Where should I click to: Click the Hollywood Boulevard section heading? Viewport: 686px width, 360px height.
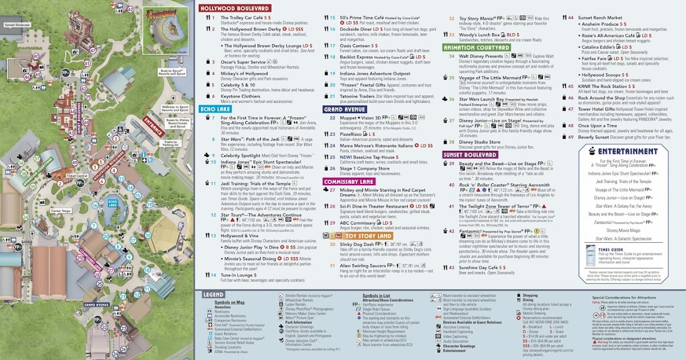(234, 9)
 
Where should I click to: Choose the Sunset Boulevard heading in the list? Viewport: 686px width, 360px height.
(470, 154)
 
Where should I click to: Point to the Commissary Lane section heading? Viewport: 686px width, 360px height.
(349, 181)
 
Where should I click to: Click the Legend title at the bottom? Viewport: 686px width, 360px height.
(213, 294)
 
